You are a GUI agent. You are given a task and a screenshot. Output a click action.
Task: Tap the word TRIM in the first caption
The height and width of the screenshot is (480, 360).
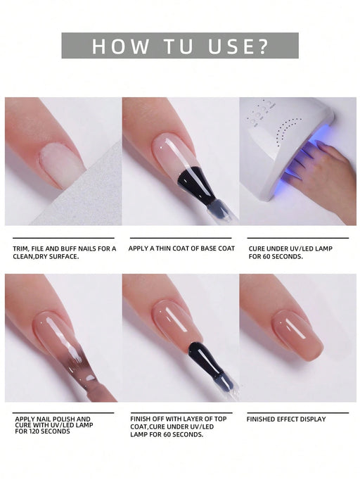tap(21, 248)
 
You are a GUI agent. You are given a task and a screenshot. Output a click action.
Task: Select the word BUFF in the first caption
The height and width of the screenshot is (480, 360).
tap(72, 248)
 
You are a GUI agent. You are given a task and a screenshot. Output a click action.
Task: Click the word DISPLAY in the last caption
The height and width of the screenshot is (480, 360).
tap(311, 419)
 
